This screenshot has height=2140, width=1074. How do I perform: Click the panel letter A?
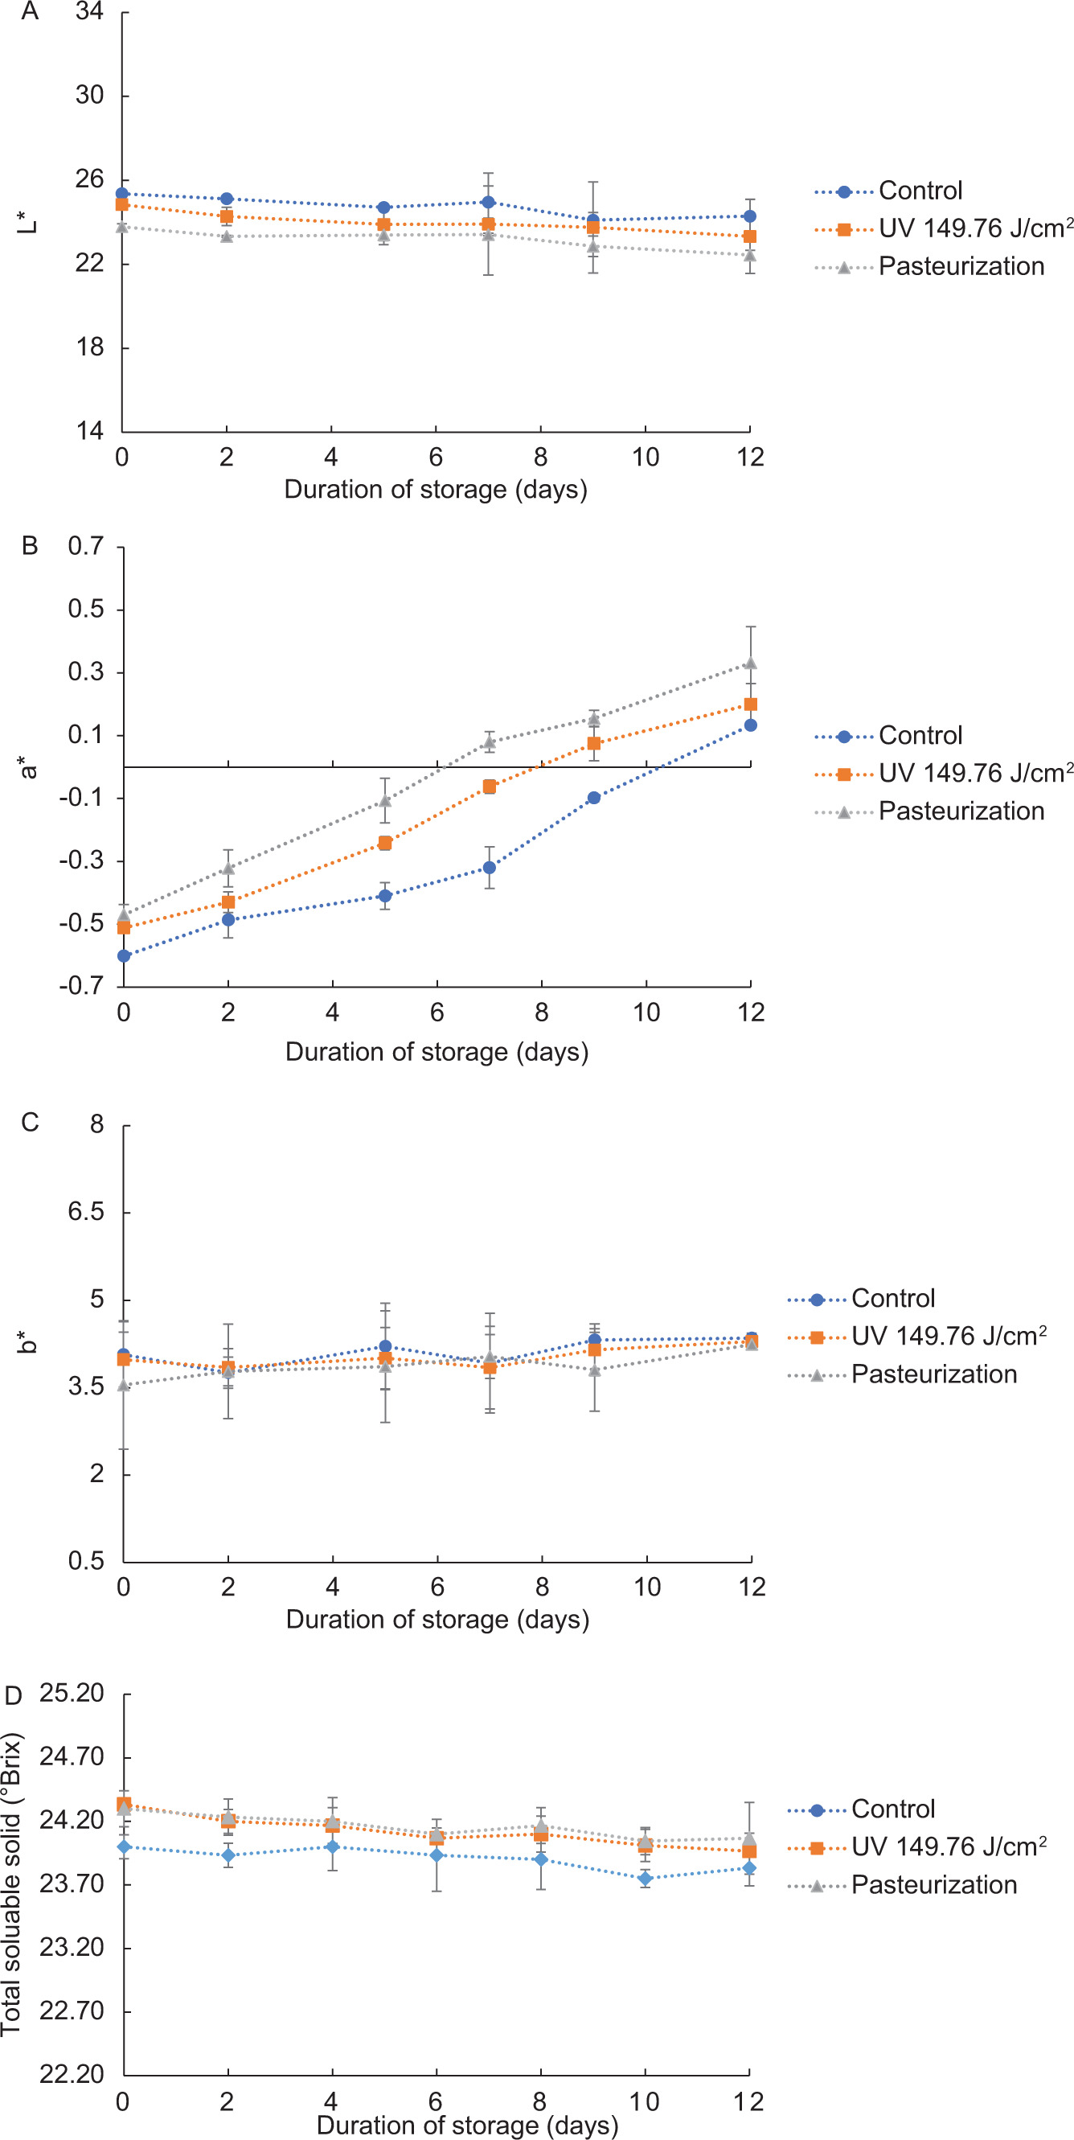pyautogui.click(x=30, y=11)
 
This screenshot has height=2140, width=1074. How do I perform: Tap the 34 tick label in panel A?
pyautogui.click(x=90, y=11)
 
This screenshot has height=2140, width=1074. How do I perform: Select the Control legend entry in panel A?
pyautogui.click(x=920, y=191)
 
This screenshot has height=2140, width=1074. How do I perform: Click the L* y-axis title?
pyautogui.click(x=27, y=222)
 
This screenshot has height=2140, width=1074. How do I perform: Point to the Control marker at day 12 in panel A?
pyautogui.click(x=749, y=217)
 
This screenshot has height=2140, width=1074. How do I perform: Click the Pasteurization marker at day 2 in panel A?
pyautogui.click(x=227, y=236)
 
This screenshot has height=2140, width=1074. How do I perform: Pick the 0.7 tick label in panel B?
pyautogui.click(x=86, y=547)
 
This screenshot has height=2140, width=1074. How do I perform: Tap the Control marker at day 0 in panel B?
pyautogui.click(x=124, y=955)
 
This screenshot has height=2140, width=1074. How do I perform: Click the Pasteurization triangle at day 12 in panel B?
pyautogui.click(x=750, y=663)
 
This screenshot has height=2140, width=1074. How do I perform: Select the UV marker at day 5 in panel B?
pyautogui.click(x=384, y=843)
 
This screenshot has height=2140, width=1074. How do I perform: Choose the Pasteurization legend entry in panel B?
pyautogui.click(x=961, y=811)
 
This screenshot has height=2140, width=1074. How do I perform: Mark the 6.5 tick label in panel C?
pyautogui.click(x=86, y=1212)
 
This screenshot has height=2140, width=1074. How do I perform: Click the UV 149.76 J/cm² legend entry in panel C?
pyautogui.click(x=948, y=1337)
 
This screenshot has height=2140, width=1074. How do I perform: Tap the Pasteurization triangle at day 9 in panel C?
pyautogui.click(x=595, y=1370)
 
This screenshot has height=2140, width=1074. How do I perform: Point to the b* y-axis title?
pyautogui.click(x=27, y=1341)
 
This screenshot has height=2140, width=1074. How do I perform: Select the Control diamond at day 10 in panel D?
pyautogui.click(x=646, y=1879)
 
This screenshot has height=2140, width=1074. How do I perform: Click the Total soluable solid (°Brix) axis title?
pyautogui.click(x=11, y=1884)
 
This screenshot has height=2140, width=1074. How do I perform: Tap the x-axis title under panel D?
pyautogui.click(x=468, y=2125)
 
